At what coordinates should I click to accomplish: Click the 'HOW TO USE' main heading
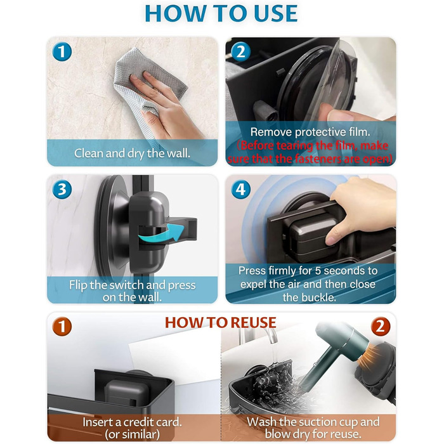pos(221,13)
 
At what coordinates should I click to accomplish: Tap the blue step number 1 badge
pos(62,51)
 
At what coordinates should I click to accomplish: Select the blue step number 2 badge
pos(240,51)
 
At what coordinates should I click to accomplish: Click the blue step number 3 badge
pos(62,190)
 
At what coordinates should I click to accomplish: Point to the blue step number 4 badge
pos(240,190)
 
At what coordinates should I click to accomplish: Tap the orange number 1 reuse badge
pos(62,326)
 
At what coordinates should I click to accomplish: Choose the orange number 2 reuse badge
pos(381,326)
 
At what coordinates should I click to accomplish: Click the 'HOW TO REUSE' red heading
pos(221,322)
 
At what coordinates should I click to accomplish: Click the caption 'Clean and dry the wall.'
pos(132,153)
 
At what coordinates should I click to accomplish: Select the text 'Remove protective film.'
pos(310,132)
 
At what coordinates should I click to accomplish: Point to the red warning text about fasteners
pos(310,152)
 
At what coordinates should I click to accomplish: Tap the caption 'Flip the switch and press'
pos(132,285)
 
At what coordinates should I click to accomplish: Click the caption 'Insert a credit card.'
pos(132,422)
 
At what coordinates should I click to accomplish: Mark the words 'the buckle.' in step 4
pos(310,297)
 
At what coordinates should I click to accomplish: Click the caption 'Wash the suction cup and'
pos(313,422)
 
